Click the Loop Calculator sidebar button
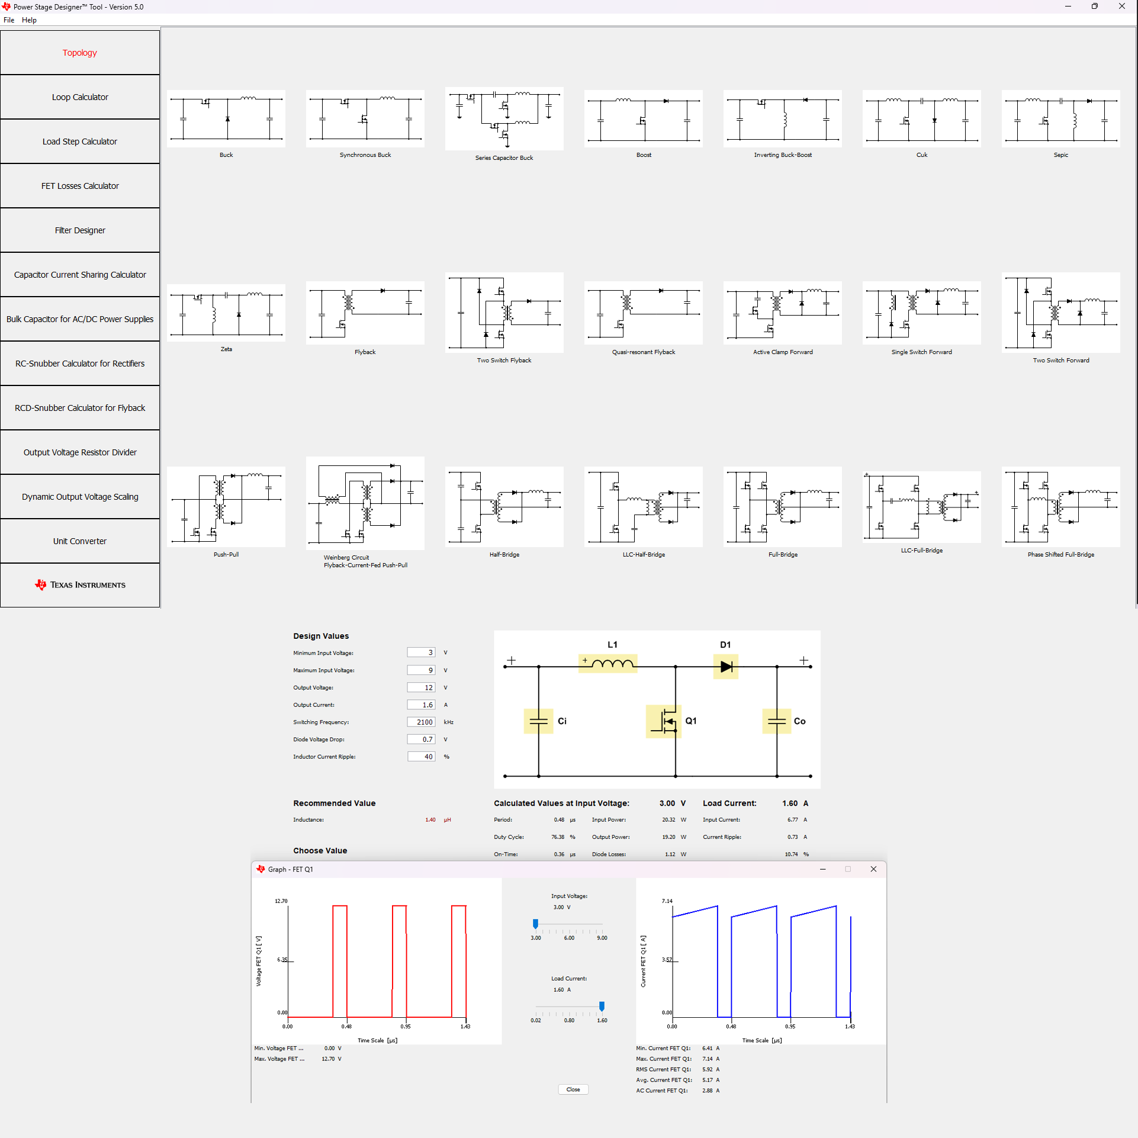(x=80, y=97)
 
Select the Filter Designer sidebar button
(x=80, y=230)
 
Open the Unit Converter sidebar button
(x=80, y=541)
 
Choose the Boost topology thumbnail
(x=643, y=119)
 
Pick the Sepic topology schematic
(x=1060, y=119)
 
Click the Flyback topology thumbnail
(x=365, y=313)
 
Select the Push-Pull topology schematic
(x=226, y=507)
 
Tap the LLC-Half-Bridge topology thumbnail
(x=643, y=507)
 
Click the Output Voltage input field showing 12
(x=421, y=687)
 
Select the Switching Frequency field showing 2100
(x=421, y=722)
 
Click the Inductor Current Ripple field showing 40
(x=421, y=757)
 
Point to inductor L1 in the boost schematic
(x=607, y=663)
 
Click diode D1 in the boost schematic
(x=726, y=667)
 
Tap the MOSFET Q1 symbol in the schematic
(x=664, y=721)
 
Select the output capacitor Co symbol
(x=776, y=721)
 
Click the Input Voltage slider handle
(x=535, y=924)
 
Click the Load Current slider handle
(x=602, y=1006)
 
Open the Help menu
(x=29, y=20)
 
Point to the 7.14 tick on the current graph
(x=667, y=901)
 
